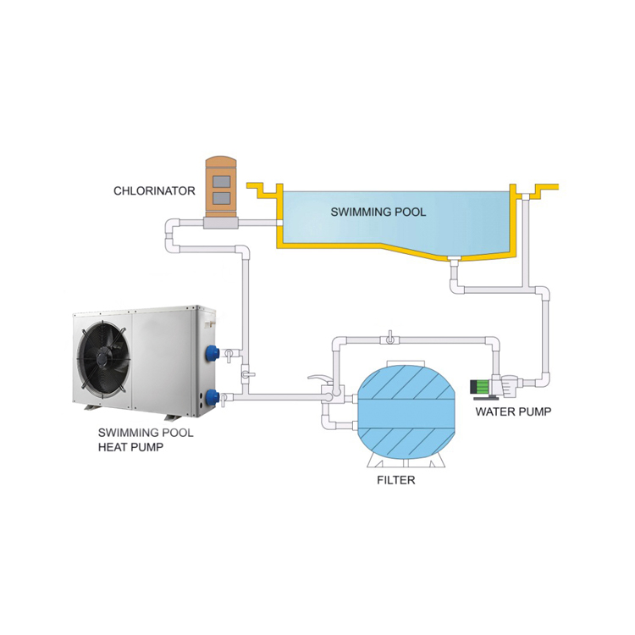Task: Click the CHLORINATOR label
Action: (154, 191)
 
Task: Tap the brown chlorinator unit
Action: (223, 190)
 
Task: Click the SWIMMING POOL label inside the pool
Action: (378, 211)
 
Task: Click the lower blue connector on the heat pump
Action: (208, 395)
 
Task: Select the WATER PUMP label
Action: (513, 412)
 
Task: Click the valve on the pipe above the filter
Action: (389, 341)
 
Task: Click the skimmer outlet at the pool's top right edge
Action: (526, 196)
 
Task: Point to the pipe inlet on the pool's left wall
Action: (278, 224)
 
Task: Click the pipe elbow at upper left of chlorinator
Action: (172, 226)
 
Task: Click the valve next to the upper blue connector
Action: (229, 352)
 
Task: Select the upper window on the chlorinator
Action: (223, 180)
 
